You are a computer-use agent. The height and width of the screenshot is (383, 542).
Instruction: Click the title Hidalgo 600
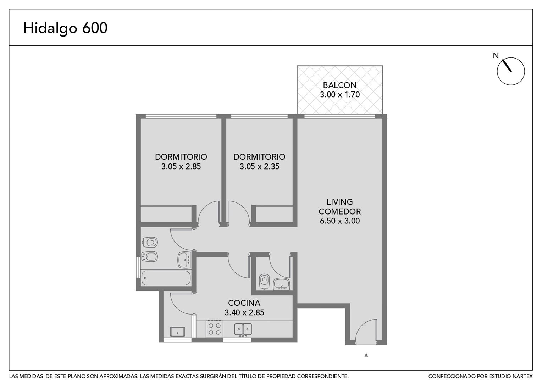[x=65, y=28]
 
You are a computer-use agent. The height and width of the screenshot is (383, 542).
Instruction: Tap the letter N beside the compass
[x=496, y=56]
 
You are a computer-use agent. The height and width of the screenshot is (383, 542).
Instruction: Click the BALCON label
[x=340, y=85]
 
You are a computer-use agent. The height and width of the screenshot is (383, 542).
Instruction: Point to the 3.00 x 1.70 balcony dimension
[x=340, y=95]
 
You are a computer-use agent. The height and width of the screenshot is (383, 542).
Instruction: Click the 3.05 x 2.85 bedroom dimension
[x=181, y=166]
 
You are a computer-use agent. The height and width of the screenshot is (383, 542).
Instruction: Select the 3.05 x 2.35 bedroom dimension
[x=259, y=166]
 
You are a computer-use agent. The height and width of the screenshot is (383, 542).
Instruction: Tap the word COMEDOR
[x=340, y=211]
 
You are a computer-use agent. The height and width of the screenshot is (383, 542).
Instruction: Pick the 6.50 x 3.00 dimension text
[x=340, y=221]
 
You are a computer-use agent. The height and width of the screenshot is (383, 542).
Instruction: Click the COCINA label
[x=244, y=303]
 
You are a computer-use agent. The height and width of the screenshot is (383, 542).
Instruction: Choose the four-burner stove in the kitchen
[x=215, y=328]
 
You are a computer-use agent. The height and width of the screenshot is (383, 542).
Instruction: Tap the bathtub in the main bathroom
[x=166, y=278]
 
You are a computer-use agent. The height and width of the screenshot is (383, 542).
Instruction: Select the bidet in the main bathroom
[x=150, y=257]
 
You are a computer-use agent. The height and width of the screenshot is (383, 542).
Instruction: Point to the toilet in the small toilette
[x=264, y=281]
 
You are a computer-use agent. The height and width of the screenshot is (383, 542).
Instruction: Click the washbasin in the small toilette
[x=281, y=284]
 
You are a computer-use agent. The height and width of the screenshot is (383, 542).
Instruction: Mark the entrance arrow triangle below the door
[x=366, y=355]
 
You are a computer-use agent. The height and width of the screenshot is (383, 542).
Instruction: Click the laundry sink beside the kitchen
[x=177, y=332]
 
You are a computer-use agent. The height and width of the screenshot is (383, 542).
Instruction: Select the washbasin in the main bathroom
[x=184, y=260]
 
